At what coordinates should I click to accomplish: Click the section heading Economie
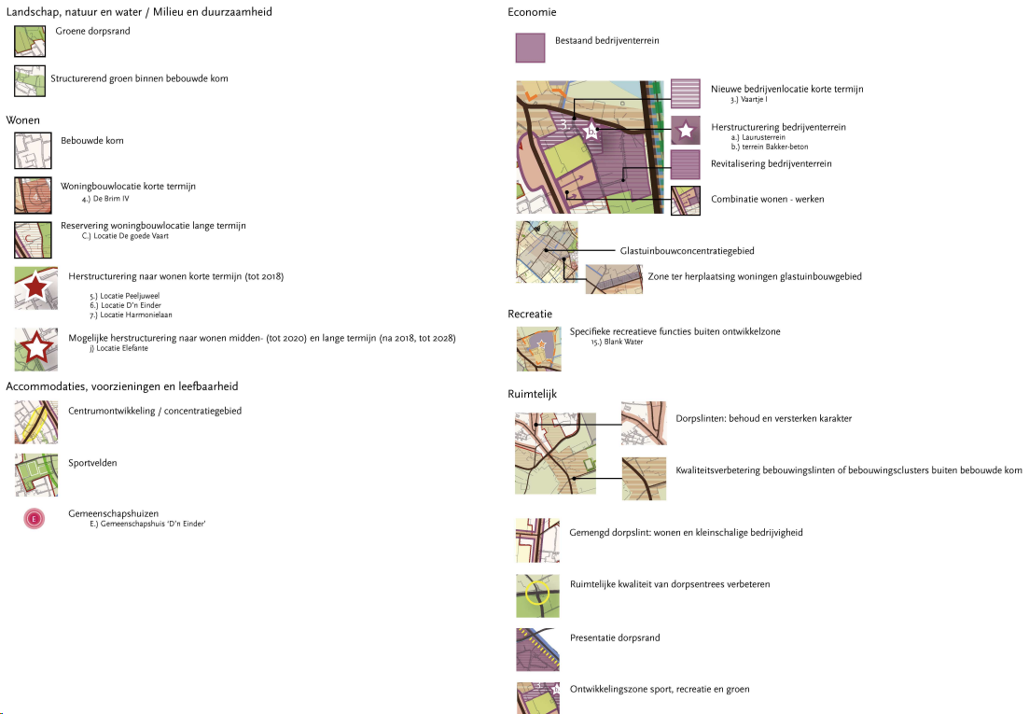pyautogui.click(x=532, y=12)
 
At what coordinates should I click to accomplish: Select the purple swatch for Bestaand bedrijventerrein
pyautogui.click(x=530, y=48)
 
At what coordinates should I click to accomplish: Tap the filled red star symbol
pyautogui.click(x=35, y=287)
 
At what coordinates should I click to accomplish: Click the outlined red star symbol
pyautogui.click(x=35, y=348)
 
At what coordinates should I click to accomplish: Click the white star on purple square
pyautogui.click(x=685, y=132)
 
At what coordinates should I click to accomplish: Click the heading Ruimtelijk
pyautogui.click(x=532, y=395)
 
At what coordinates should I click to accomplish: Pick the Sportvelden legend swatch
pyautogui.click(x=35, y=474)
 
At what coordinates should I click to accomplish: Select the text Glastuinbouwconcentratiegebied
pyautogui.click(x=687, y=251)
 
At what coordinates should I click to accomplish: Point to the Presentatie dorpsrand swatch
pyautogui.click(x=536, y=650)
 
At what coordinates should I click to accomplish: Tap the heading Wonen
pyautogui.click(x=22, y=121)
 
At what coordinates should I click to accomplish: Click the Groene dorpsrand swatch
pyautogui.click(x=29, y=41)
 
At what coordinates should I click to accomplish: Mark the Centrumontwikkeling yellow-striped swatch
pyautogui.click(x=35, y=422)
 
